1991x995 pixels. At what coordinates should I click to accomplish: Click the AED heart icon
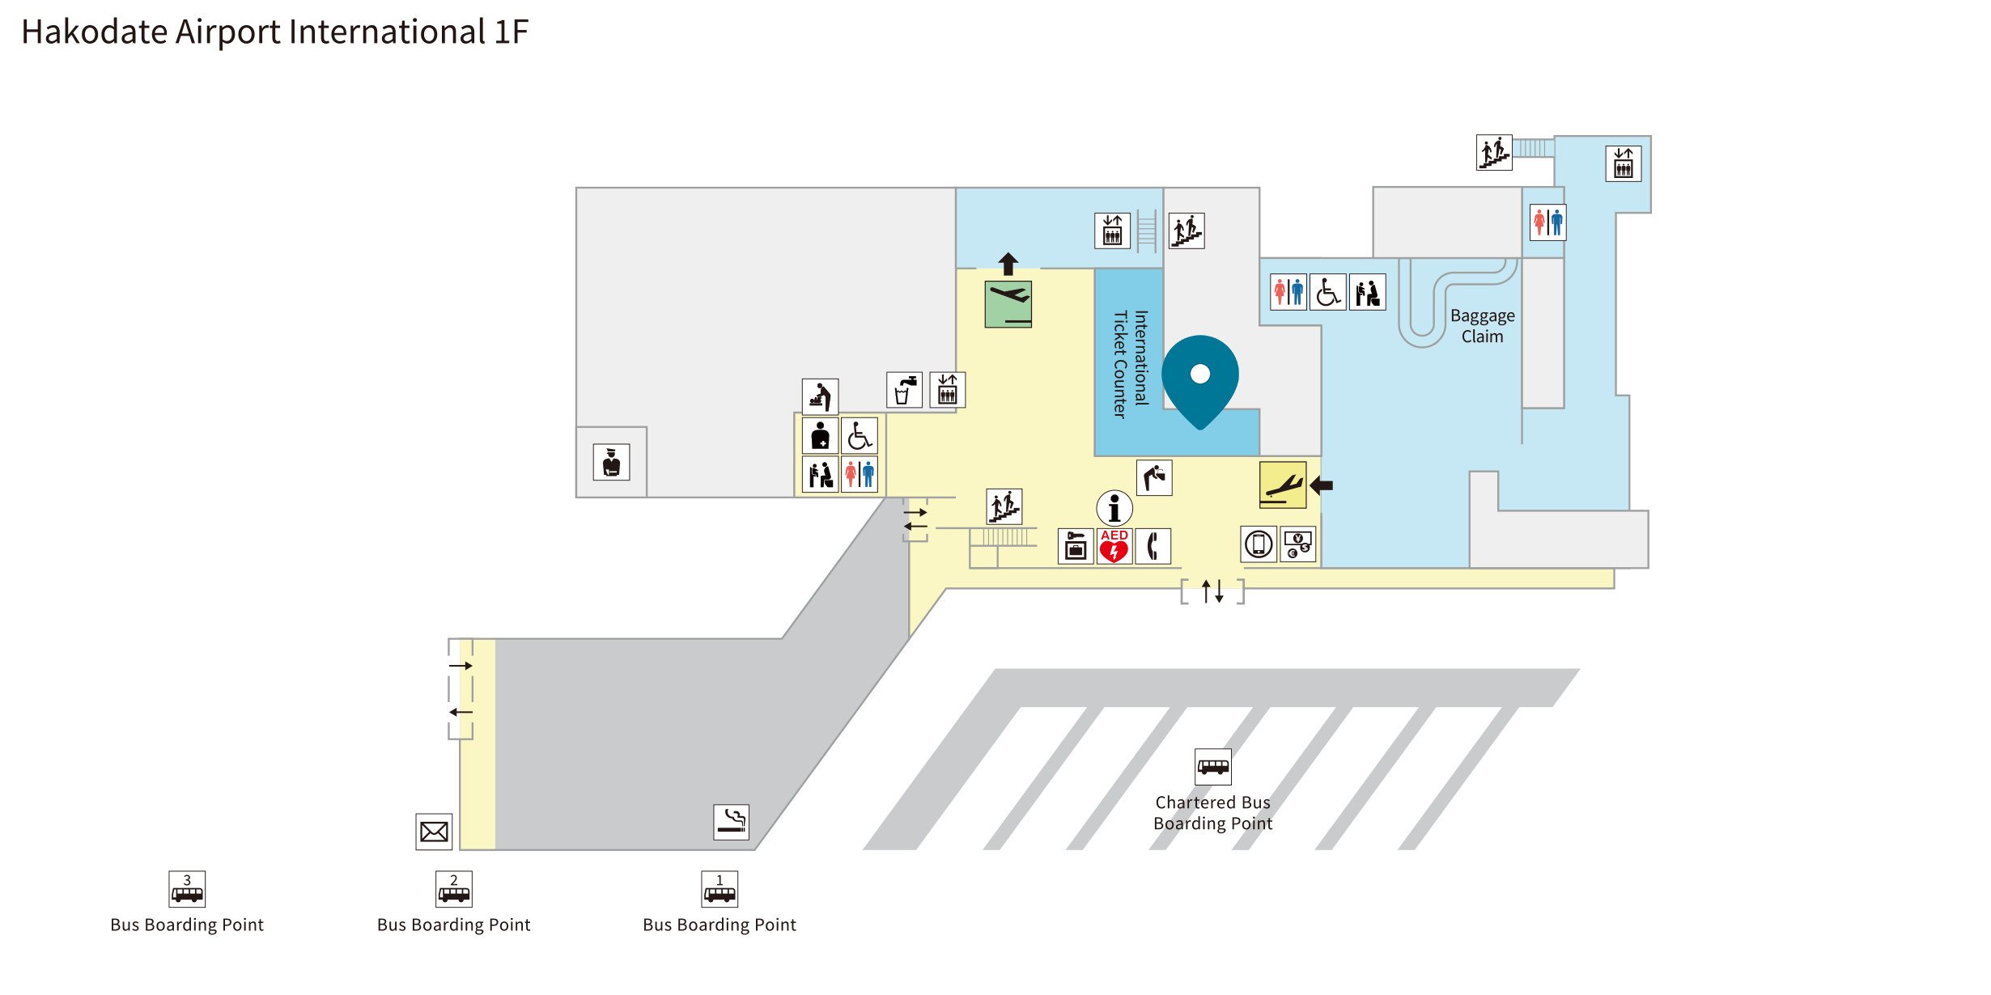point(1114,546)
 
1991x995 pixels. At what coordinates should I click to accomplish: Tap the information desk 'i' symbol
point(1114,508)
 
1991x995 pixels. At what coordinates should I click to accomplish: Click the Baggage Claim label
point(1482,326)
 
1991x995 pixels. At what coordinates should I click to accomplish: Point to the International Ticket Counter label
point(1131,364)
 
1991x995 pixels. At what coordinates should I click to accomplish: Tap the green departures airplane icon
point(1008,304)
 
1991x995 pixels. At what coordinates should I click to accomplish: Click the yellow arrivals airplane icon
point(1283,485)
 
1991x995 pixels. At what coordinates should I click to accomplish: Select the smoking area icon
point(731,822)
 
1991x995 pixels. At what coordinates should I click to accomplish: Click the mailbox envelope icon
point(434,832)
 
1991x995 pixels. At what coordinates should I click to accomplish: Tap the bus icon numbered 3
point(187,889)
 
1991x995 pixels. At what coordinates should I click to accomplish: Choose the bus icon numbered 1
point(720,889)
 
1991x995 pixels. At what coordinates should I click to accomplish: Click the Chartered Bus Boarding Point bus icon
point(1213,766)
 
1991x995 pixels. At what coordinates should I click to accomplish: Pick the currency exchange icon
point(1298,544)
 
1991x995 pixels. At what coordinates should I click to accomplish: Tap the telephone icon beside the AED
point(1153,546)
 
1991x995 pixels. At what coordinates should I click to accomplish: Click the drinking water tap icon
point(905,391)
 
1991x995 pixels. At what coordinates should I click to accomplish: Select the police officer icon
point(611,462)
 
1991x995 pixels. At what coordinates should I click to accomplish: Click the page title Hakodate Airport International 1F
point(274,32)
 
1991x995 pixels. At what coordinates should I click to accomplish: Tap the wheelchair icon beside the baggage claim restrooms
point(1328,292)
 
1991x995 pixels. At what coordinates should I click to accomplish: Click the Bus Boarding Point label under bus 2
point(453,925)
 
